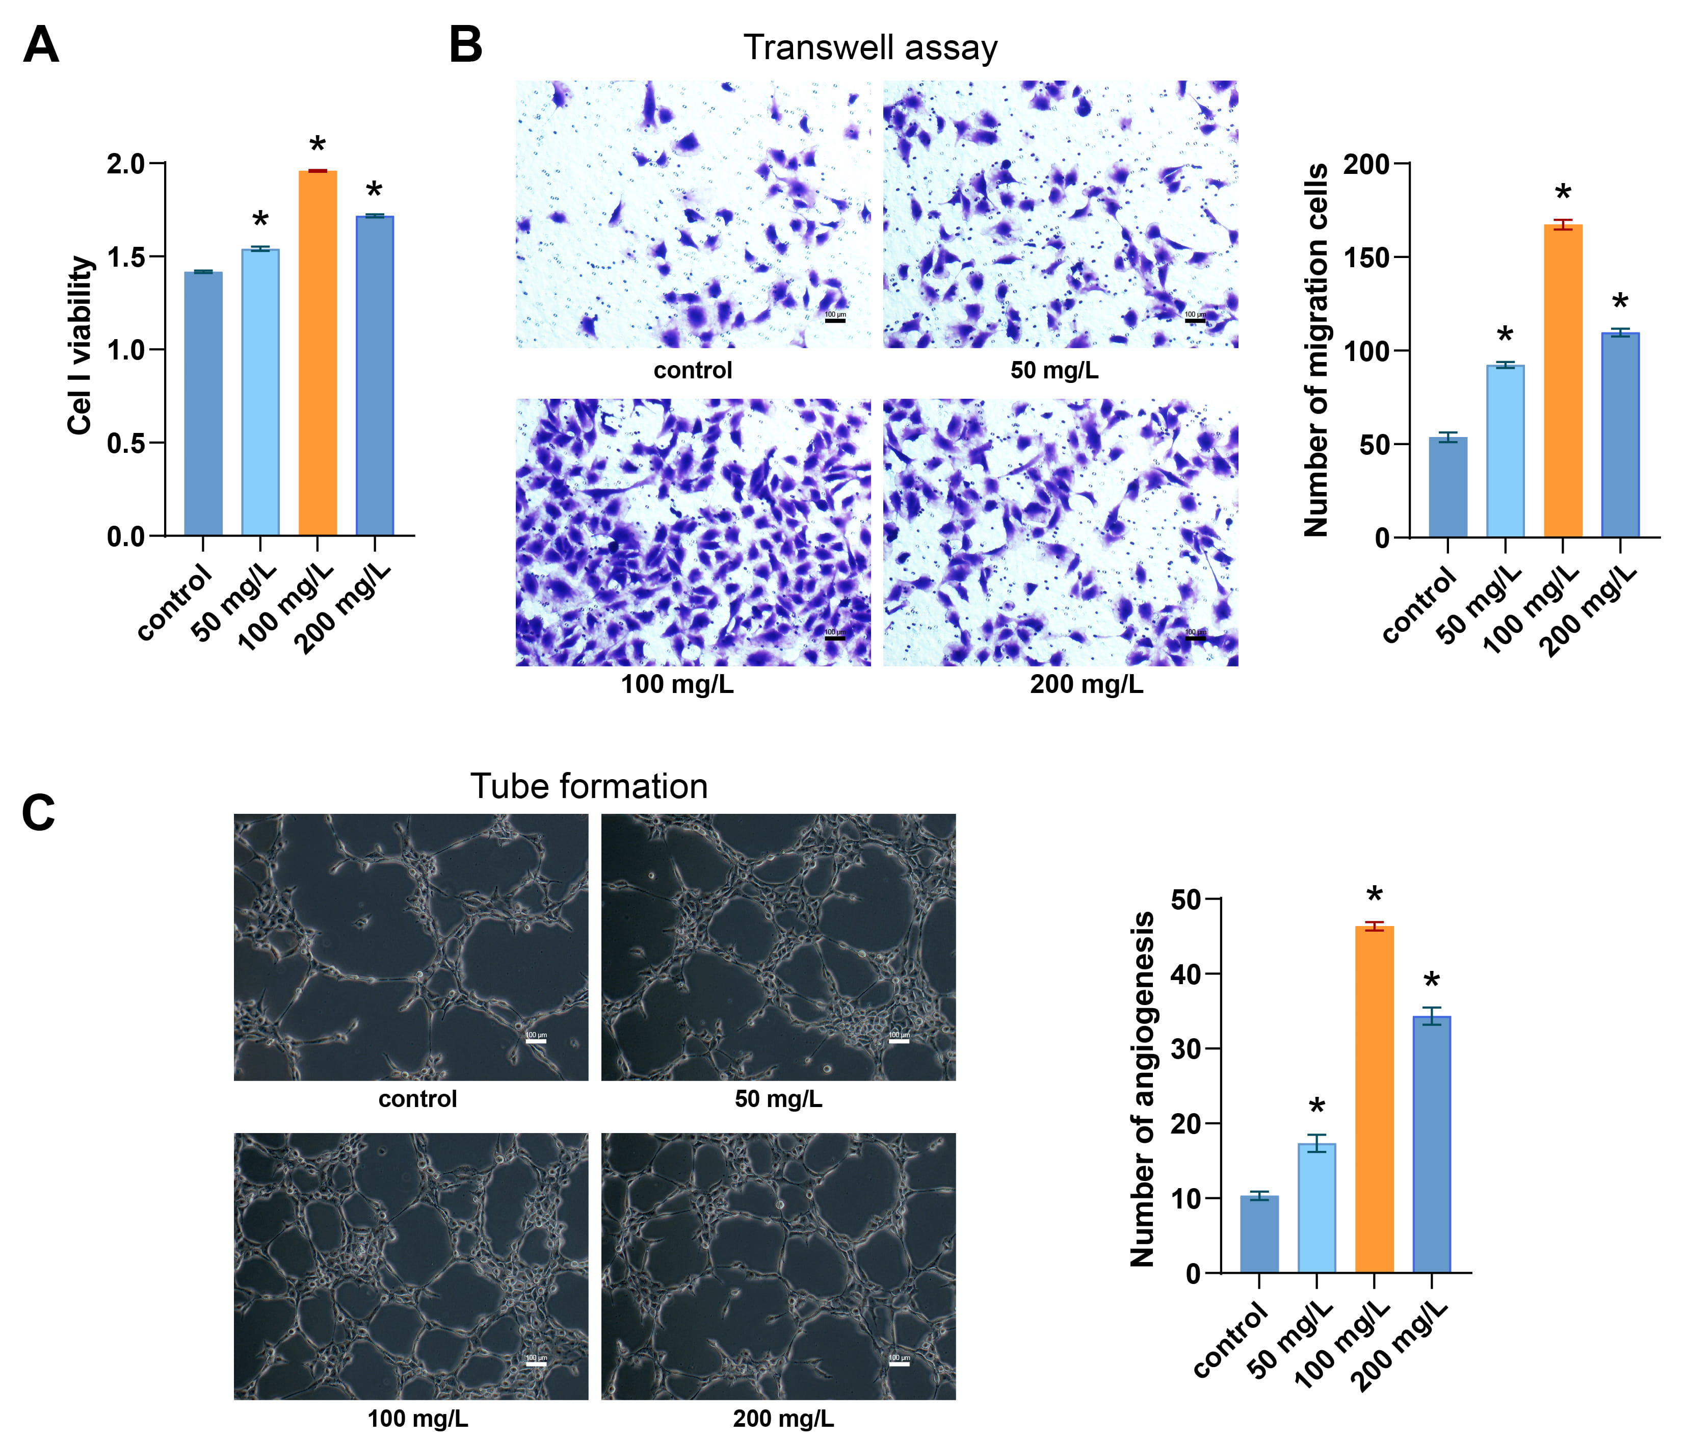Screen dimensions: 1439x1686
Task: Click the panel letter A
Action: pos(41,45)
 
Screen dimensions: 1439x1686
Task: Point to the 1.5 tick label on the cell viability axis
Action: pos(125,257)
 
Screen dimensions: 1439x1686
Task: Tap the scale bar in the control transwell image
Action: pos(835,321)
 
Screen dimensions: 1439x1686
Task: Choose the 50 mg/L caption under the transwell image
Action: pos(1054,370)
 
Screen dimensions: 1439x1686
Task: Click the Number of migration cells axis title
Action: pos(1316,350)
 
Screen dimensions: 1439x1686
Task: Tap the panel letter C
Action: pos(38,812)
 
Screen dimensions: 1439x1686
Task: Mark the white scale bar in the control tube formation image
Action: pos(536,1041)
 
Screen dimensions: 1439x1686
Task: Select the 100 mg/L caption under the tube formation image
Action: pos(417,1419)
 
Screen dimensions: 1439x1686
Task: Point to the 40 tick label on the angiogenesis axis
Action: pos(1185,974)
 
